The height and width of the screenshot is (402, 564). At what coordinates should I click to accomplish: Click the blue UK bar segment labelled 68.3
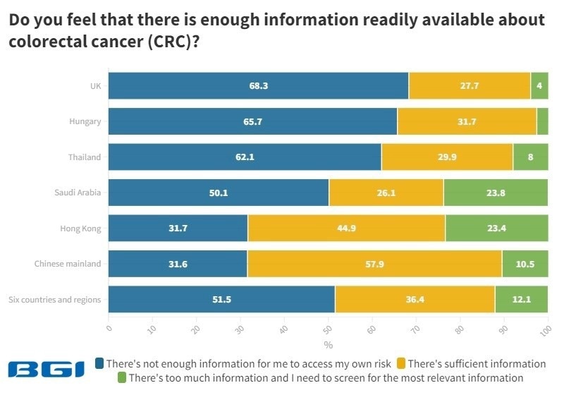(x=258, y=85)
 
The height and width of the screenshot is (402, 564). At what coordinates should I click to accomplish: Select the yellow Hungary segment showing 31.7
(x=467, y=121)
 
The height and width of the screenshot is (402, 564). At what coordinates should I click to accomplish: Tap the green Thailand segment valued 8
(x=531, y=157)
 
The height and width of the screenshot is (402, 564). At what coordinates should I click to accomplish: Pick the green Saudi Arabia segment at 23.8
(x=496, y=193)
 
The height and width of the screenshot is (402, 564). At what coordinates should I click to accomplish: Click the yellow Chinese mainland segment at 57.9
(x=374, y=264)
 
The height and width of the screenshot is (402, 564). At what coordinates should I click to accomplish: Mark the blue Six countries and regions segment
(x=221, y=299)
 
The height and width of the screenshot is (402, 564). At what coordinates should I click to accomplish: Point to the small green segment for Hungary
(x=542, y=121)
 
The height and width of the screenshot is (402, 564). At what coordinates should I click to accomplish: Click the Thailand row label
(x=85, y=157)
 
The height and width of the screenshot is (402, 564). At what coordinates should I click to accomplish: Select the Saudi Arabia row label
(x=78, y=193)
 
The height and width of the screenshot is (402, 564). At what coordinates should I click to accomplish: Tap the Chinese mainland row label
(x=68, y=264)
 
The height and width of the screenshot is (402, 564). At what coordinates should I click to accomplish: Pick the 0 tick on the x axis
(x=109, y=328)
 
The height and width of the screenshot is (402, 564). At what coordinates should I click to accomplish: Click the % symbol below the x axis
(x=328, y=345)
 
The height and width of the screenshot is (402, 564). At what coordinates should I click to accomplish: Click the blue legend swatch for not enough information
(x=100, y=364)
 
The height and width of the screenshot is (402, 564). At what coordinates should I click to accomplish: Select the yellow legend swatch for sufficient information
(x=402, y=364)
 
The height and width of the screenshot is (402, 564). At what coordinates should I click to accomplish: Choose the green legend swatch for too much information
(x=122, y=378)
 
